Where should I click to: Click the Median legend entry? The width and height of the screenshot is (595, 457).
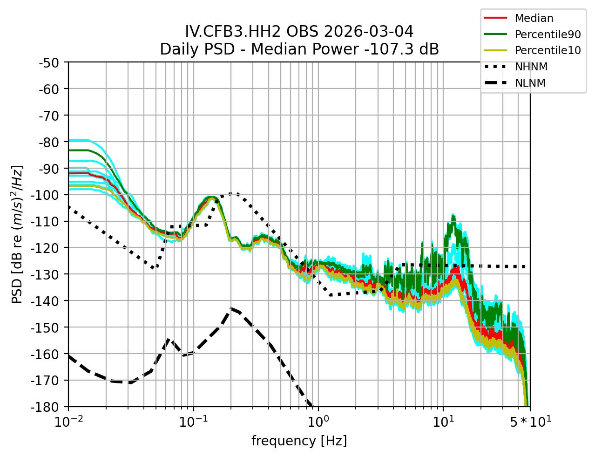(534, 19)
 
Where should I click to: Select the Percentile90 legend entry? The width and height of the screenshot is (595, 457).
(548, 34)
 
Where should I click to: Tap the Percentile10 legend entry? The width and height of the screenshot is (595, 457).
(548, 50)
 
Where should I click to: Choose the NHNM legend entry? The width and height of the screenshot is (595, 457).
(531, 67)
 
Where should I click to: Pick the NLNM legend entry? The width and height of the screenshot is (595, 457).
(530, 83)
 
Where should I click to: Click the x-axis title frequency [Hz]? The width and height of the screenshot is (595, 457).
(299, 441)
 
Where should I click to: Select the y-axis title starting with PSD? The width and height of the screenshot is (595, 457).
(17, 234)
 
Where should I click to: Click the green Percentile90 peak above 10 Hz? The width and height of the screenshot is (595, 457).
(453, 215)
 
